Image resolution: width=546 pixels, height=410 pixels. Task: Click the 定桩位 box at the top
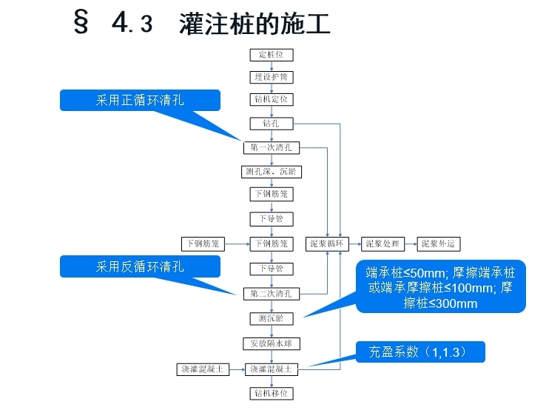click(x=272, y=55)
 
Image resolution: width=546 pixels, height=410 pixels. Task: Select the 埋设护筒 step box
click(x=272, y=77)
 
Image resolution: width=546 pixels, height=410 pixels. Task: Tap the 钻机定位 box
click(x=272, y=99)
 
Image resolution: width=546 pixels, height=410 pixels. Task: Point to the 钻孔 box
click(x=272, y=124)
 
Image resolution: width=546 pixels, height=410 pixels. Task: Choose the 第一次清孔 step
click(x=272, y=147)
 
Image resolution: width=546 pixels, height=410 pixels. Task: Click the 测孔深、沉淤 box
click(x=272, y=172)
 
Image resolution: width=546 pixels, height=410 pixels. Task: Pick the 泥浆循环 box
click(x=328, y=243)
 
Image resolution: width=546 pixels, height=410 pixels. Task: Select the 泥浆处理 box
click(x=382, y=243)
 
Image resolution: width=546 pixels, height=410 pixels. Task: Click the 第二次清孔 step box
click(x=272, y=294)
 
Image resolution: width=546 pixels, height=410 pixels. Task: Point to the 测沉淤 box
click(x=272, y=319)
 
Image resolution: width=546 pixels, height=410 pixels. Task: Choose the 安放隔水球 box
click(x=272, y=343)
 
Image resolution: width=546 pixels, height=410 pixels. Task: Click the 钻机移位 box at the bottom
click(x=272, y=393)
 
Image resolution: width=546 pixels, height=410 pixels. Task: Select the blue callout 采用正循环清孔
click(x=140, y=101)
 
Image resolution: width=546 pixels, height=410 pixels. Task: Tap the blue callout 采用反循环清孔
click(x=140, y=266)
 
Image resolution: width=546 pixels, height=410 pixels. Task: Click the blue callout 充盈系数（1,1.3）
click(x=421, y=352)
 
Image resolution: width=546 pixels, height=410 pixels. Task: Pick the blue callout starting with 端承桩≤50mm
click(x=442, y=286)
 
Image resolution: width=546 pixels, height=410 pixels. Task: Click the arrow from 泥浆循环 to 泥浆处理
click(x=355, y=243)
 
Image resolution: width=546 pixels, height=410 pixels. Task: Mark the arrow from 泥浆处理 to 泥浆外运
click(x=411, y=243)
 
